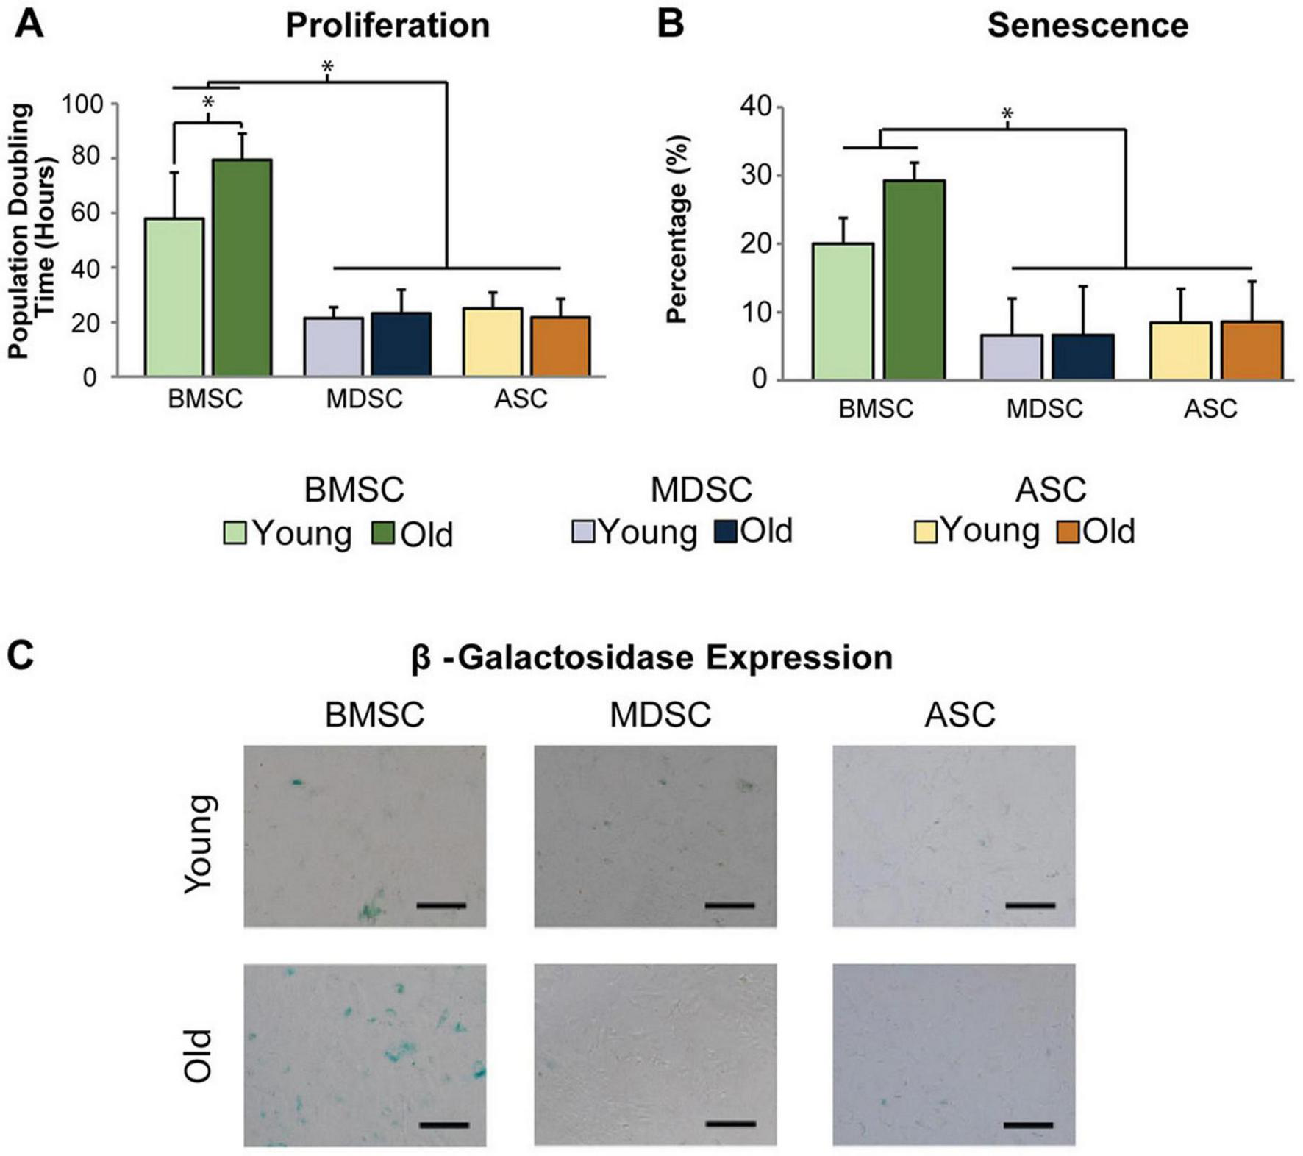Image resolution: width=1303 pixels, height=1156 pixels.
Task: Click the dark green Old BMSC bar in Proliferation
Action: point(242,268)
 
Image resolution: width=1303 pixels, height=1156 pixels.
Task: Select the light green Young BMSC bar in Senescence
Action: point(843,312)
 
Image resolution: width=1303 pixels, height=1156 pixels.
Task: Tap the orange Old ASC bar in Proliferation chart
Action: point(560,347)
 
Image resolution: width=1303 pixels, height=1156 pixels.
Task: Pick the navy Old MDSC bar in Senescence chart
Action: point(1082,357)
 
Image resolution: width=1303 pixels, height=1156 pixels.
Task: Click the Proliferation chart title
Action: point(388,26)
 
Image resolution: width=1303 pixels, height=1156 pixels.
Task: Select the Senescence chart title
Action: point(1087,26)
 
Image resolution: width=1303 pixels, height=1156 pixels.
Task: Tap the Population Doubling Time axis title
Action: point(32,232)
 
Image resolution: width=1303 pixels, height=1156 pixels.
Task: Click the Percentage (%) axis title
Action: point(677,229)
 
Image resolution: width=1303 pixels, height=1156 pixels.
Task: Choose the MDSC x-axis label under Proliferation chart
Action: point(365,399)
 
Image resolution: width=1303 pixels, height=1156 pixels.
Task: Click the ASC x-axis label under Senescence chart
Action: point(1210,408)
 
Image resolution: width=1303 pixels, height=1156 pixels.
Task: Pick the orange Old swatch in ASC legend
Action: point(1068,532)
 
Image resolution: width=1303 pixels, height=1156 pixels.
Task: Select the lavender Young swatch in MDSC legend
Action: point(583,532)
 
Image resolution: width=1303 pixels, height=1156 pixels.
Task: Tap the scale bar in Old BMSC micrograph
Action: point(444,1124)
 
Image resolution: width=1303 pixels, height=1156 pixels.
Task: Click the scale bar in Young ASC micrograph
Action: point(1030,905)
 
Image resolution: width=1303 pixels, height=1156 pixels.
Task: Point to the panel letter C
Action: point(20,655)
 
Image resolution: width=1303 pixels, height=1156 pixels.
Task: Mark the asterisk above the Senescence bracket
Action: point(1007,115)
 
